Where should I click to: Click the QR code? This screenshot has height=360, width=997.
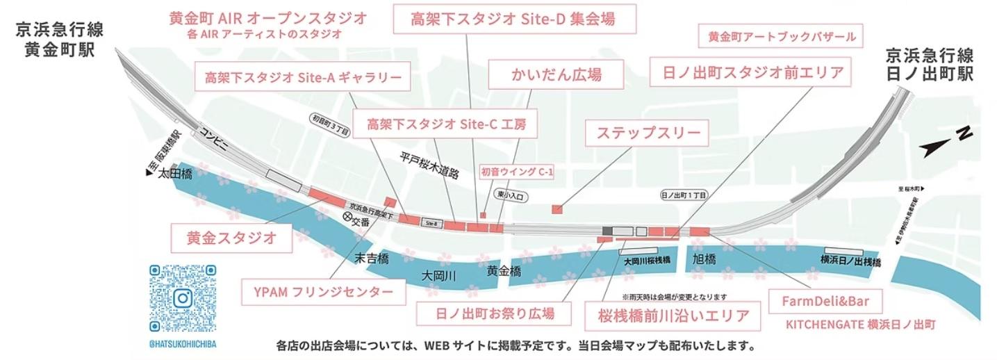tap(183, 298)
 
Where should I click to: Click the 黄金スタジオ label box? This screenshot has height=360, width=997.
tap(232, 238)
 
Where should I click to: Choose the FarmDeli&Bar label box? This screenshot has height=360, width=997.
tap(821, 302)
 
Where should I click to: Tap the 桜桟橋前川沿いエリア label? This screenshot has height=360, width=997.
tap(673, 316)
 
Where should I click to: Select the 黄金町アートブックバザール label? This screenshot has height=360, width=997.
tap(782, 37)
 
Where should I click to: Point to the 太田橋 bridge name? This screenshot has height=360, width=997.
tap(174, 174)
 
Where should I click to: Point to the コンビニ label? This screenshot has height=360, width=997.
tap(213, 139)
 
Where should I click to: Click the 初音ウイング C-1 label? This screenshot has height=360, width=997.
tap(517, 172)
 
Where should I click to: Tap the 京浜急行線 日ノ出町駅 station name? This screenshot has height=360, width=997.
tap(930, 64)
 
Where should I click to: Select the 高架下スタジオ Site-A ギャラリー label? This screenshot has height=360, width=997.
tap(303, 77)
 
